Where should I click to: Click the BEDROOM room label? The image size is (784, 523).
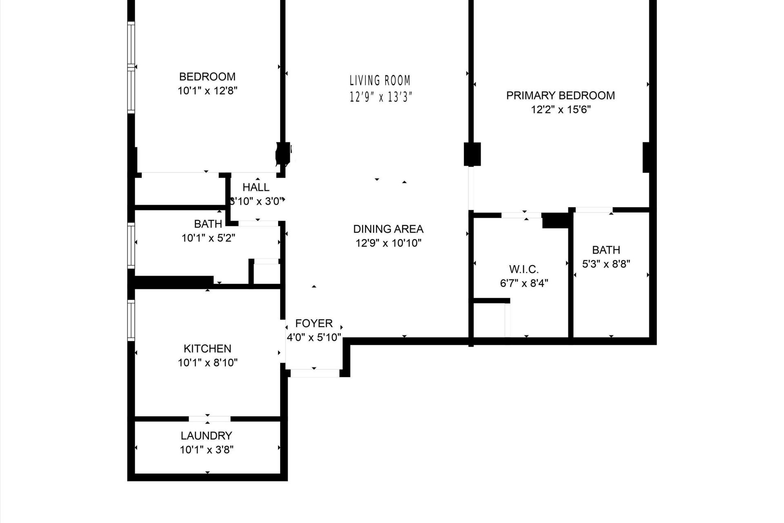click(207, 77)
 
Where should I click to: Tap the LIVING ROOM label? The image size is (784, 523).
click(380, 80)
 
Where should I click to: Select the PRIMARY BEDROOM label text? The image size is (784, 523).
click(560, 96)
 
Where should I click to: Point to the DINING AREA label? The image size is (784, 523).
click(388, 229)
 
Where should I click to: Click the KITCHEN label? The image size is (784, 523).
click(207, 349)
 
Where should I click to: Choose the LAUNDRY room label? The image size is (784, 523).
click(207, 436)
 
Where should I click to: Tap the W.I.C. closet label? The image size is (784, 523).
click(524, 269)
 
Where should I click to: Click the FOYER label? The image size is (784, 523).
click(314, 324)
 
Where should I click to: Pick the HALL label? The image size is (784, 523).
click(256, 187)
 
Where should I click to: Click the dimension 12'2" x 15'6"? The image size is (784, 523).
click(561, 110)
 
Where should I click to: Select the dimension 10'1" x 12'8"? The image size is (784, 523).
click(207, 91)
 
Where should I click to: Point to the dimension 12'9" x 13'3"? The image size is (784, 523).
click(381, 97)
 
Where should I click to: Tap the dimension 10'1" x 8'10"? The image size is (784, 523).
click(207, 362)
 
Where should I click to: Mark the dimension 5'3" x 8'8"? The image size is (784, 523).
click(606, 264)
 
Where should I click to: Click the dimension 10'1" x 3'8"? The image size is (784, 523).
click(207, 450)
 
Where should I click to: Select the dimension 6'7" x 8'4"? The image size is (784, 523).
click(524, 283)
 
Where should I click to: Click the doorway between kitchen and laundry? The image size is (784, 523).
click(209, 419)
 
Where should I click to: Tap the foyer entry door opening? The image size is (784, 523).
click(314, 373)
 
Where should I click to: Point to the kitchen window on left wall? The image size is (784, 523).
click(131, 320)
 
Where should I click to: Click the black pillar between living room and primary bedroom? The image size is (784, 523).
click(472, 154)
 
